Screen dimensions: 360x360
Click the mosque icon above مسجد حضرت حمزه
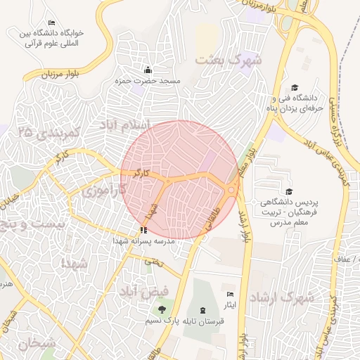pos(148,70)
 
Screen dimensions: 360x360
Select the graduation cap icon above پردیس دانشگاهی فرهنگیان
pos(288,191)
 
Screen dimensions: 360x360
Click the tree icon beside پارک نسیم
pos(162,309)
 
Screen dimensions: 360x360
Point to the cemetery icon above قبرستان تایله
pos(202,310)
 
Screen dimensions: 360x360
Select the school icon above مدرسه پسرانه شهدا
pos(143,230)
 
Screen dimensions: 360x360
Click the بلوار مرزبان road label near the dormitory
pos(47,74)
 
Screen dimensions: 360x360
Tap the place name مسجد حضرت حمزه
pos(148,81)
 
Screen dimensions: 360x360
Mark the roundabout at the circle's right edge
pos(231,188)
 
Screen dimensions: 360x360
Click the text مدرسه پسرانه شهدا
pos(143,240)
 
